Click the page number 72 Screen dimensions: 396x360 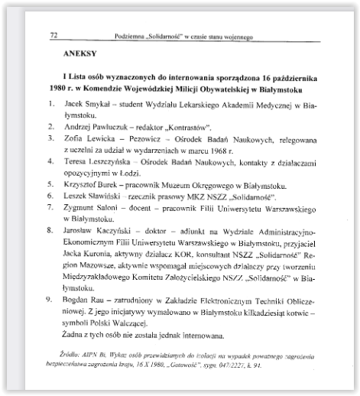click(x=54, y=35)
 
